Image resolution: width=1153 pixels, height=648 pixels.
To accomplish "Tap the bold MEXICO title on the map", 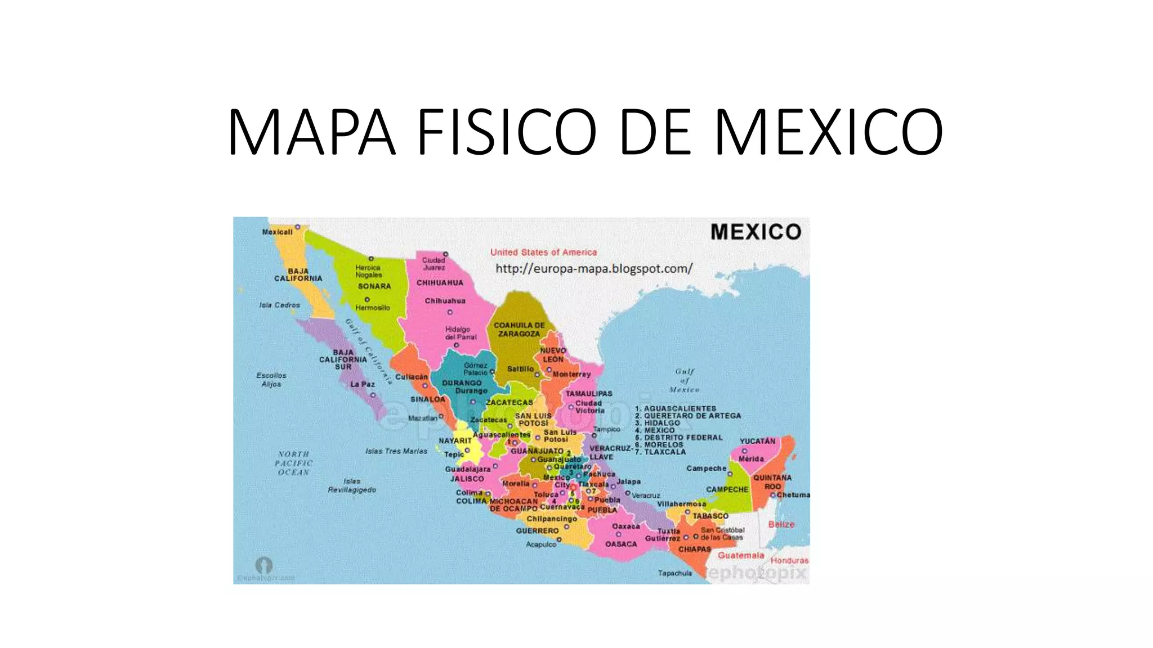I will (756, 232).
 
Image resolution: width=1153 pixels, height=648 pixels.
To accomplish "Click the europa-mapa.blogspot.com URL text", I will (594, 269).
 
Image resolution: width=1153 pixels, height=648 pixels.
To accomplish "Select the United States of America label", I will (543, 253).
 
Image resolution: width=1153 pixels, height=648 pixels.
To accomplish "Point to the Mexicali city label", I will (277, 232).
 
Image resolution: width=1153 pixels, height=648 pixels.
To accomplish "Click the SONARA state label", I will (374, 286).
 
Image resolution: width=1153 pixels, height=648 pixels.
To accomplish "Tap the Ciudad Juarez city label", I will (434, 263).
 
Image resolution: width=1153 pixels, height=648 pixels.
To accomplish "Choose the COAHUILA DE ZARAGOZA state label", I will (519, 330).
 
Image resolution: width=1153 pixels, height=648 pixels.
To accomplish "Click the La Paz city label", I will (363, 384).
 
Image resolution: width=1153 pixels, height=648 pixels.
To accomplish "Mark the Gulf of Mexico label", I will (685, 380).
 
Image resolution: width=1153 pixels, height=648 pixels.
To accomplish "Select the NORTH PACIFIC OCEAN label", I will (293, 463).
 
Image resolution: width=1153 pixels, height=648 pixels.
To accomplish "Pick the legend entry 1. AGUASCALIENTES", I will (676, 408).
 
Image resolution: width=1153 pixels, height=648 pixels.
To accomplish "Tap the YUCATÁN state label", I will (757, 441).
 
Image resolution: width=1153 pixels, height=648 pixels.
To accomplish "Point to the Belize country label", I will (781, 524).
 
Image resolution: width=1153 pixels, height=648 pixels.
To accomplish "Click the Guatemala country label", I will (741, 556).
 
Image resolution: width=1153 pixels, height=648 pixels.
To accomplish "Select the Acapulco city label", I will (540, 544).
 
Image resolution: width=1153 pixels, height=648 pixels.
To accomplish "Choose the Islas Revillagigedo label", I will (352, 485).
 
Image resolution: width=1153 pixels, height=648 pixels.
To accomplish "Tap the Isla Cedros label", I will (279, 305).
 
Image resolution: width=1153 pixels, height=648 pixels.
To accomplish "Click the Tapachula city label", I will (675, 573).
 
